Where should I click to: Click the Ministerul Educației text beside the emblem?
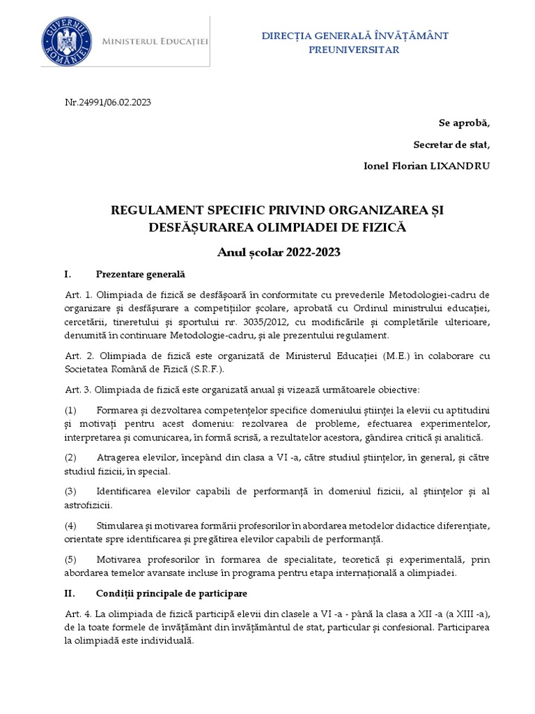tap(155, 43)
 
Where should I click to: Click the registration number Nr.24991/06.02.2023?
tap(108, 102)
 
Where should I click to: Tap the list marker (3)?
tap(70, 492)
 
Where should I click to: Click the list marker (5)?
tap(70, 559)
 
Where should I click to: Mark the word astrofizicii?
tap(88, 504)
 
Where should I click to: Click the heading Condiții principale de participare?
tap(167, 593)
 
